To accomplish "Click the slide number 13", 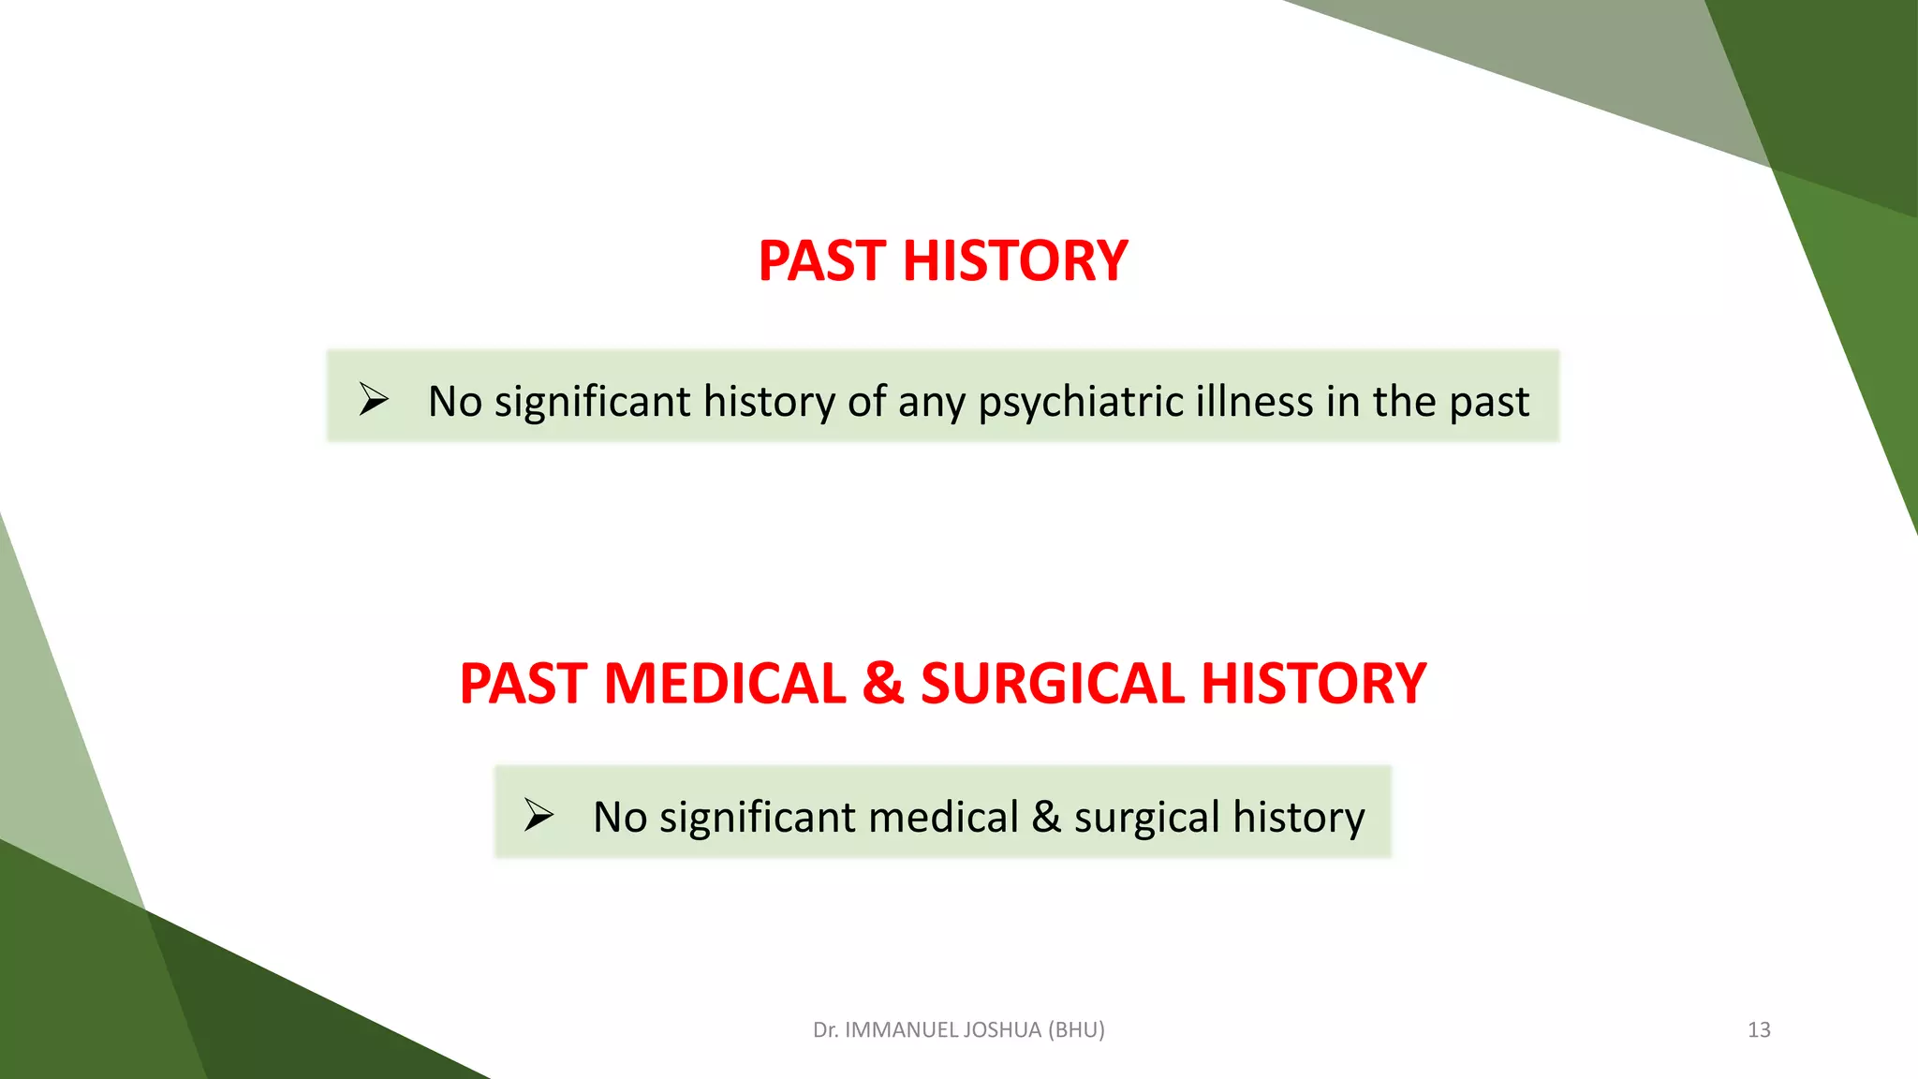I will click(x=1759, y=1030).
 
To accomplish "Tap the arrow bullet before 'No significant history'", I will click(x=374, y=400).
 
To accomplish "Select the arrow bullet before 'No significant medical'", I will click(x=539, y=815).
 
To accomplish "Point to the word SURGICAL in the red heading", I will click(x=1053, y=683).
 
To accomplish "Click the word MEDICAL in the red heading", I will click(x=725, y=683).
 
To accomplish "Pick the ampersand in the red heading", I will click(x=883, y=683).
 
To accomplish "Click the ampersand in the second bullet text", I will click(x=1045, y=817).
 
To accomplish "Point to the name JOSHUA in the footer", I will click(x=1005, y=1030).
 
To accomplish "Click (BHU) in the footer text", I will click(x=1076, y=1030).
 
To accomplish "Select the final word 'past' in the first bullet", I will click(x=1489, y=403).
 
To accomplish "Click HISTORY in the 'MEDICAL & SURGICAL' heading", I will click(x=1313, y=683).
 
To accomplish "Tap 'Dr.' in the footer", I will click(x=825, y=1030).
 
